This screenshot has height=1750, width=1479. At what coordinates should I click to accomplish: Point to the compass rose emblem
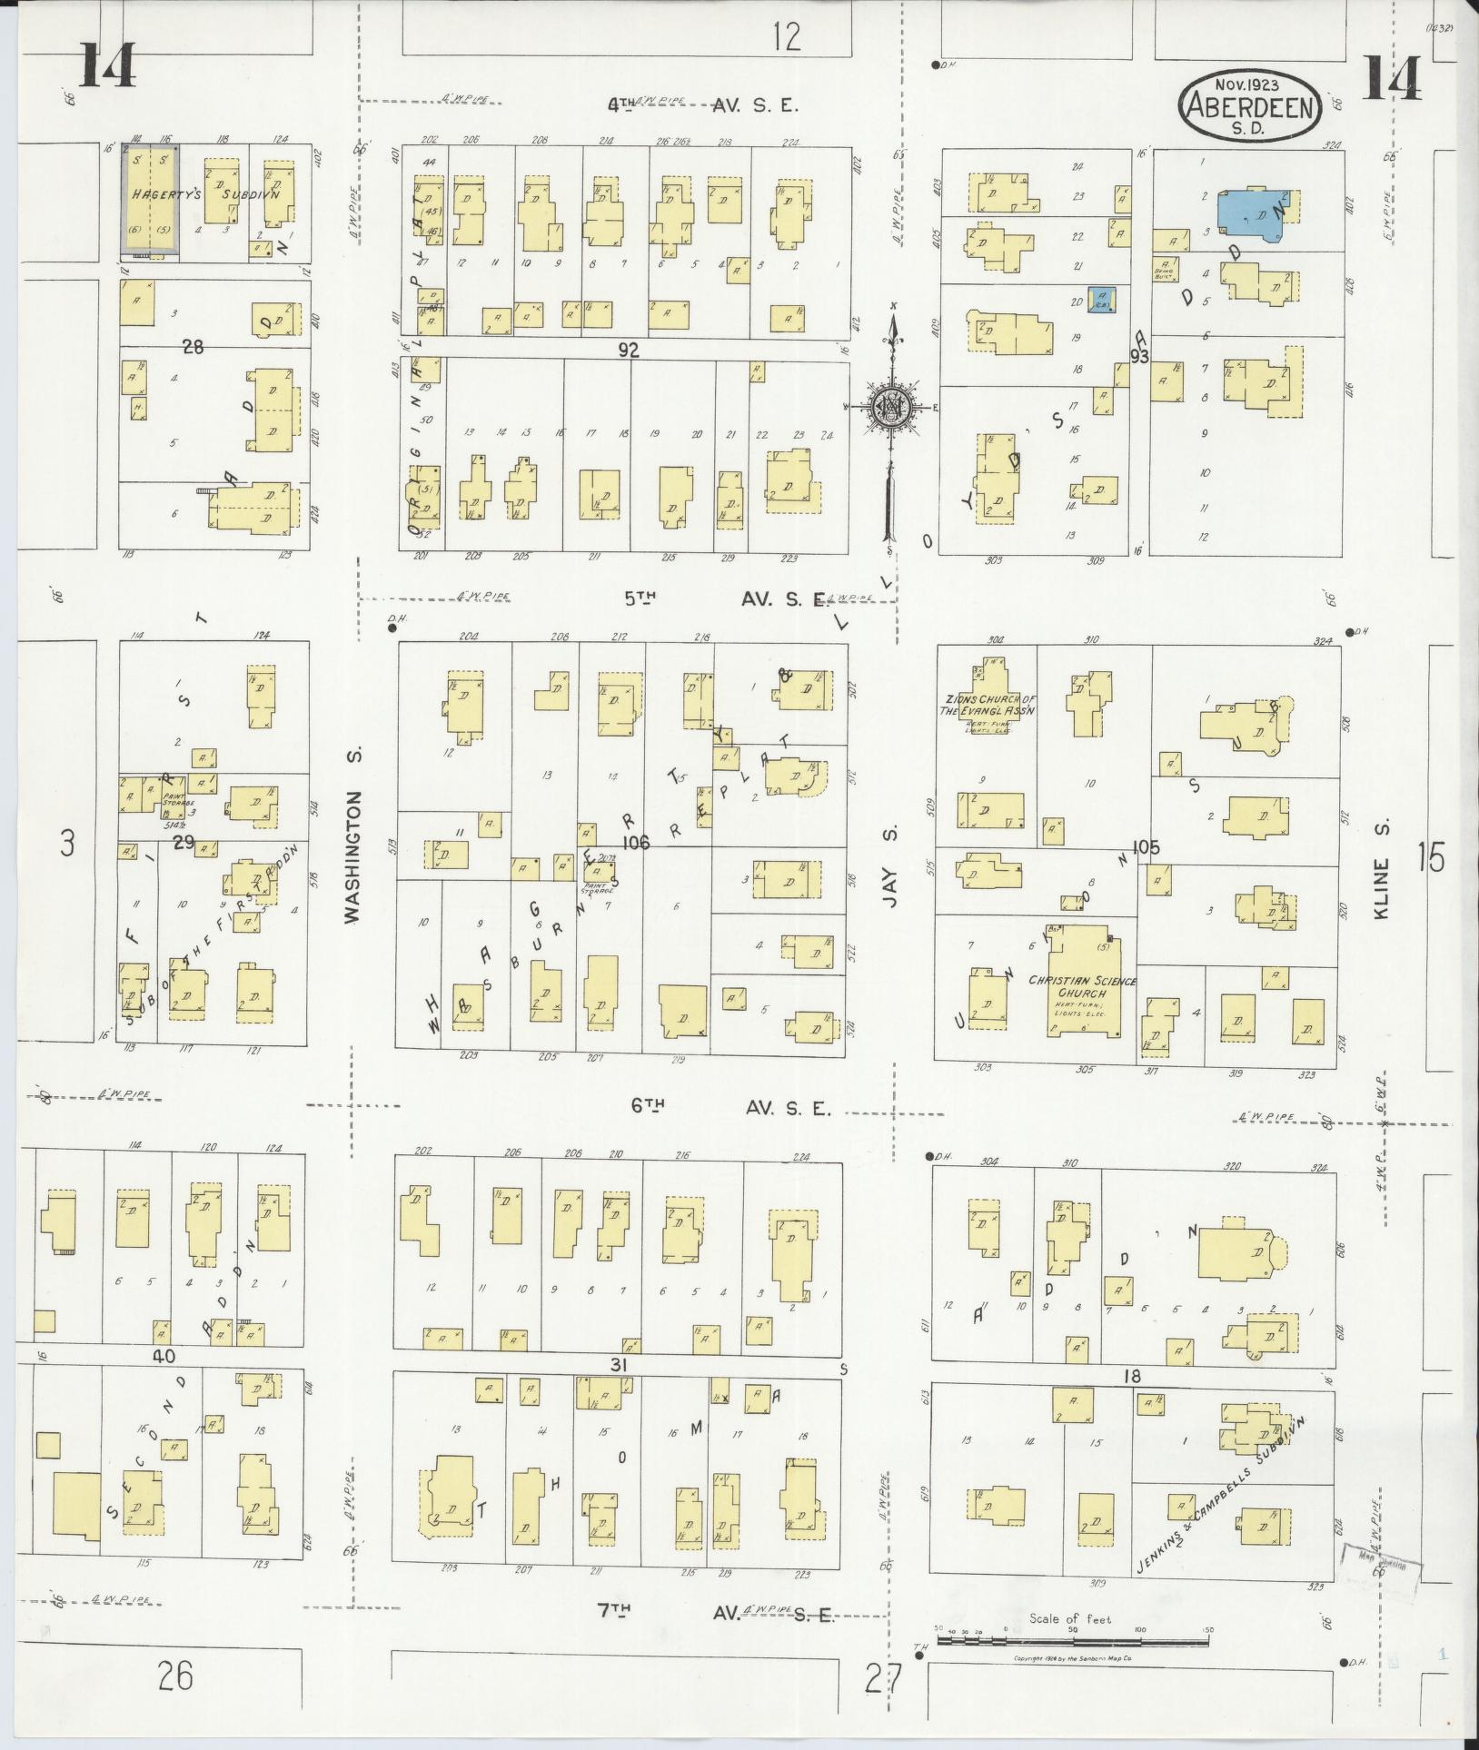(893, 407)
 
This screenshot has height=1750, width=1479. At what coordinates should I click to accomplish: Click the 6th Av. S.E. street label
(730, 1108)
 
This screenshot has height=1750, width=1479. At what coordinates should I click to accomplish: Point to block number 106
(636, 843)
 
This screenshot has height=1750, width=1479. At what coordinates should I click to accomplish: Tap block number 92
(629, 350)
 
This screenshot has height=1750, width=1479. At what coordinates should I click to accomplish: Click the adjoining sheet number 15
(1431, 856)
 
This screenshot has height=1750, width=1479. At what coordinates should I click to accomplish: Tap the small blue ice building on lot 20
(1103, 298)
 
